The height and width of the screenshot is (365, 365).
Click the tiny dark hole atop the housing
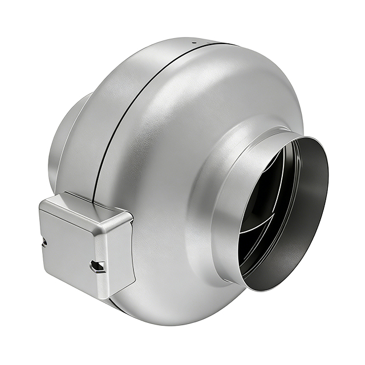coord(193,42)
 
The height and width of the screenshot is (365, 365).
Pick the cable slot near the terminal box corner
coord(98,266)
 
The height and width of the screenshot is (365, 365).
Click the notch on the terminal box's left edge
coord(44,242)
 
